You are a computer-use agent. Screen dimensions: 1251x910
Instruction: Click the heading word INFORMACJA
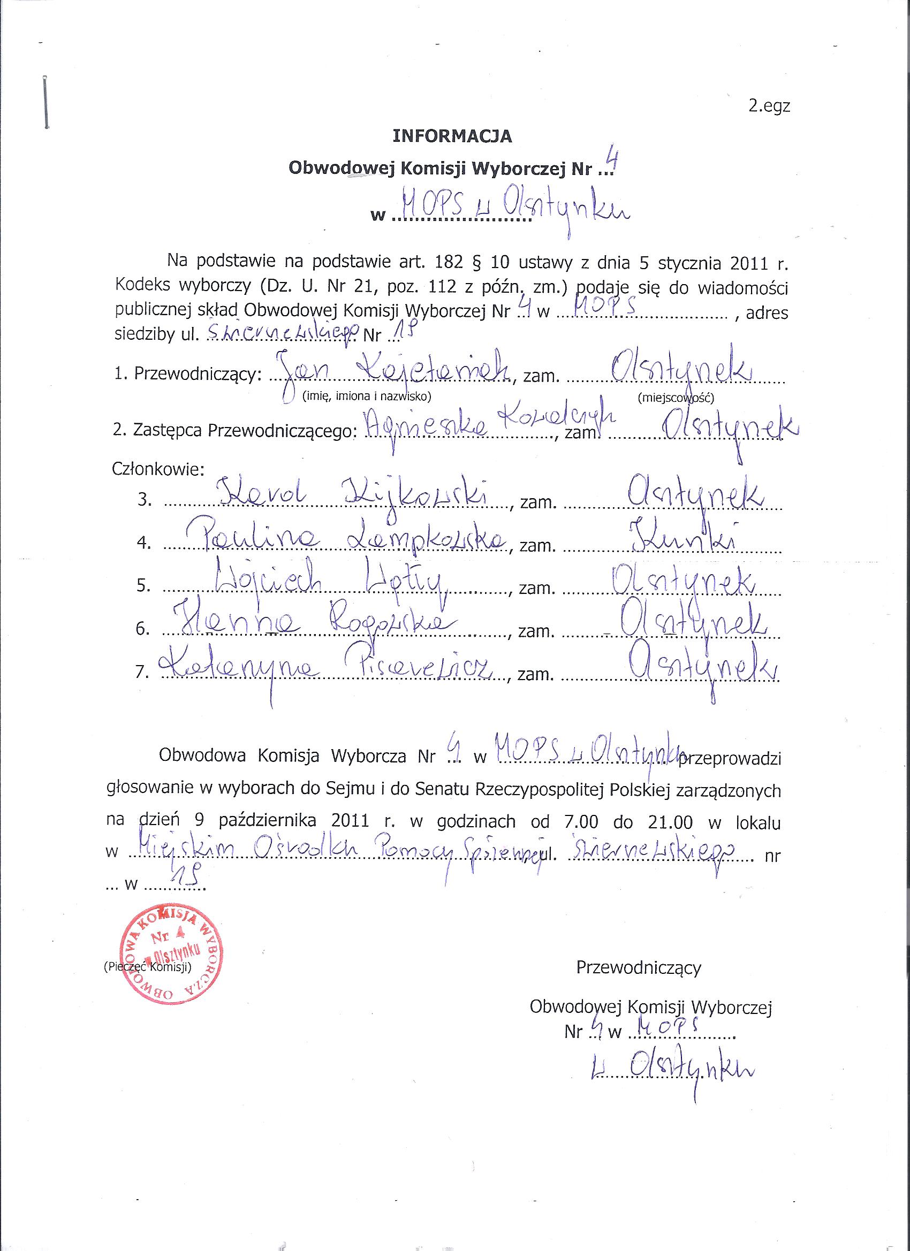pyautogui.click(x=452, y=136)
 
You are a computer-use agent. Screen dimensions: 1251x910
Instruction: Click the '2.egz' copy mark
pyautogui.click(x=769, y=106)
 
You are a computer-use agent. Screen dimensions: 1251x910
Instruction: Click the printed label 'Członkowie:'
pyautogui.click(x=158, y=469)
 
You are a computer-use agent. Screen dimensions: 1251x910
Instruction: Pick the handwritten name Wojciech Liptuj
pyautogui.click(x=331, y=582)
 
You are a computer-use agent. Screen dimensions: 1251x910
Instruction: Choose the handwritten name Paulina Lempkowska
pyautogui.click(x=347, y=538)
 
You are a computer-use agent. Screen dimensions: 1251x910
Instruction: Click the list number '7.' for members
pyautogui.click(x=142, y=673)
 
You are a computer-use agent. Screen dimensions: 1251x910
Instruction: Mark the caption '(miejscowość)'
pyautogui.click(x=676, y=397)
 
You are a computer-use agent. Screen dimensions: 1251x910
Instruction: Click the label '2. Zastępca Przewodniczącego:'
pyautogui.click(x=232, y=431)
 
